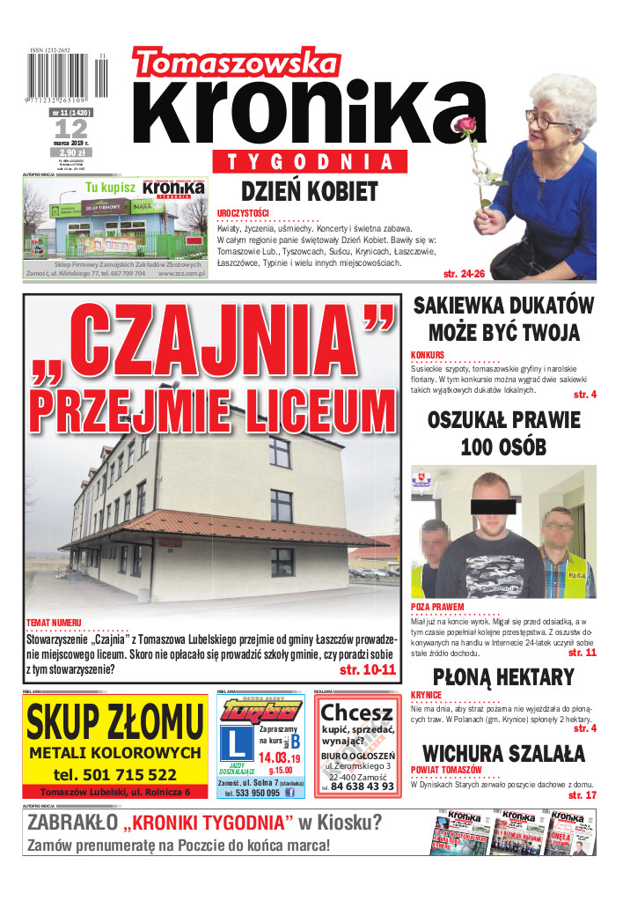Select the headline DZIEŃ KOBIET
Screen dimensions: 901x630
coord(309,191)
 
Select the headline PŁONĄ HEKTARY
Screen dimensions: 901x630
coord(503,677)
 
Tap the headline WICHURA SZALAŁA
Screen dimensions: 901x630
coord(503,754)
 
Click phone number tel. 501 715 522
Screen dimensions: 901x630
coord(114,774)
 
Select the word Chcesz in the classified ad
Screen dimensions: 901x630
coord(357,712)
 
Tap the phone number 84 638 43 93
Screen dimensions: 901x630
coord(363,786)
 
